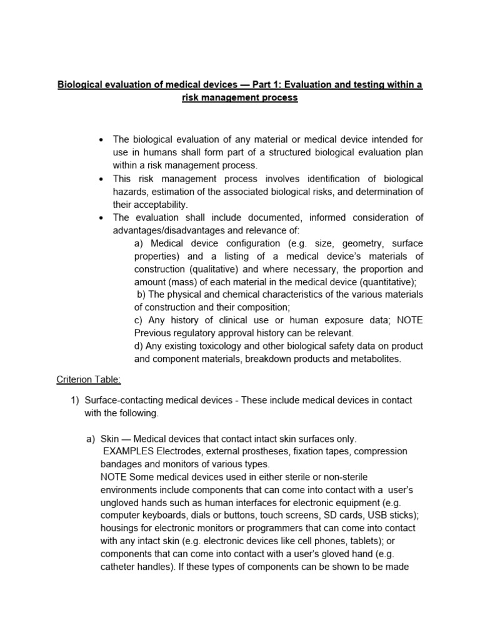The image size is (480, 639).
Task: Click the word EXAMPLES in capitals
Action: [x=128, y=451]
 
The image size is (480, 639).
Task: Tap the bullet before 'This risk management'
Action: [x=101, y=179]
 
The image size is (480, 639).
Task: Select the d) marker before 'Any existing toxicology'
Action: [x=140, y=346]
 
